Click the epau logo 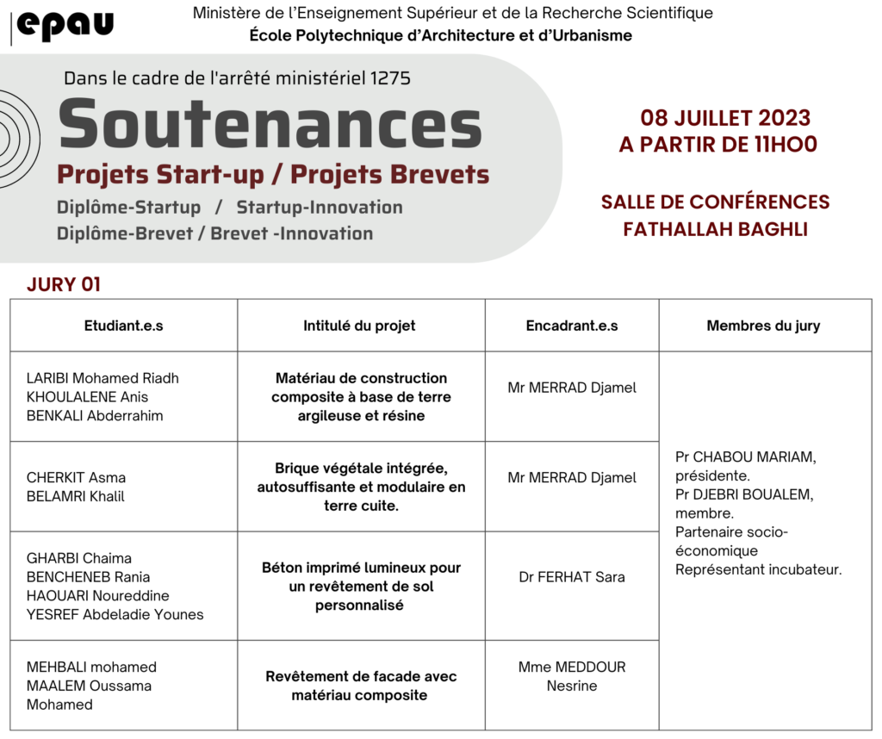tap(65, 26)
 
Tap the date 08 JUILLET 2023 tap(725, 118)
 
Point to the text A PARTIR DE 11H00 tap(717, 144)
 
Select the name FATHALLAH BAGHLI tap(715, 229)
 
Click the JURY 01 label tap(64, 284)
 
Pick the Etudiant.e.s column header tap(123, 326)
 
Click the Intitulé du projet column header tap(359, 326)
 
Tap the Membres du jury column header tap(763, 326)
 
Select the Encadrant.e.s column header tap(572, 326)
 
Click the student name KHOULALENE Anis tap(87, 397)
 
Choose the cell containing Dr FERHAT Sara tap(572, 576)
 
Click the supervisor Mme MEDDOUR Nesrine tap(572, 676)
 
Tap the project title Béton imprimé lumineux tap(361, 568)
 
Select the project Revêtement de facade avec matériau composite tap(361, 686)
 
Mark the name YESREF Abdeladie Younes tap(115, 614)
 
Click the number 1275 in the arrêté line tap(390, 78)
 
